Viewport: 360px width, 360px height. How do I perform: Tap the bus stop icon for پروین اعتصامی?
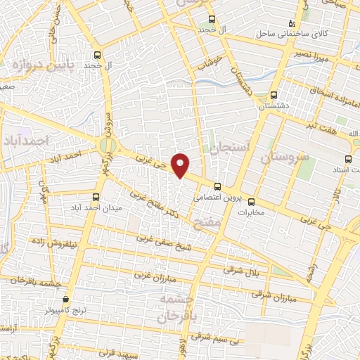coord(217,187)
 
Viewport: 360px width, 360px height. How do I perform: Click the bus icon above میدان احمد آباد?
coord(96,198)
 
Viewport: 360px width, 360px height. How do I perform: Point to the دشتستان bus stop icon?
coord(274,96)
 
